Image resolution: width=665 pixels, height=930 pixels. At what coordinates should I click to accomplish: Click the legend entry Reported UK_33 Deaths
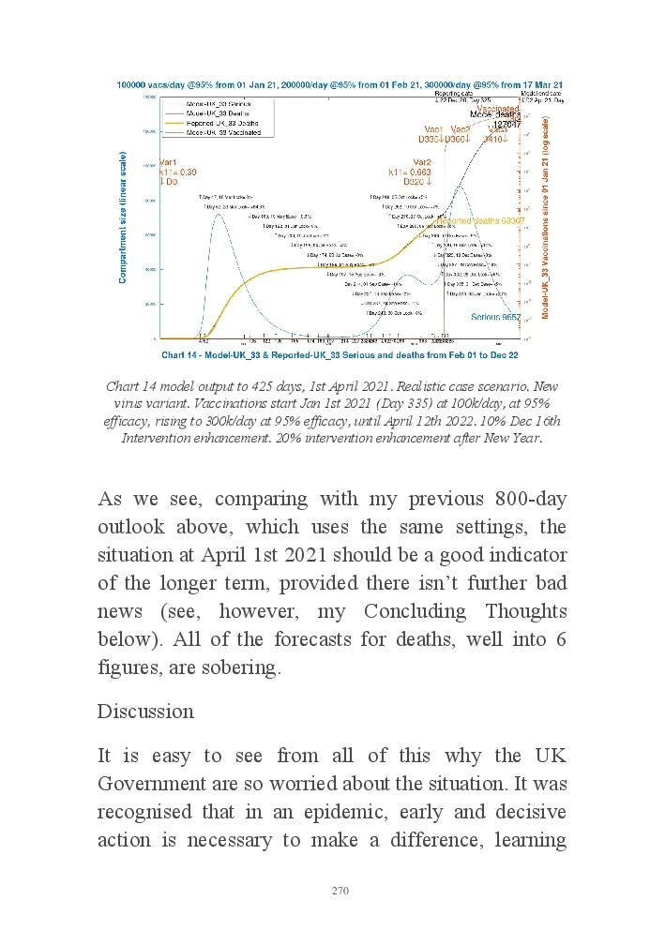click(220, 124)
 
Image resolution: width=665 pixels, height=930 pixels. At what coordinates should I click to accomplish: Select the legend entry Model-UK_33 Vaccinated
click(222, 132)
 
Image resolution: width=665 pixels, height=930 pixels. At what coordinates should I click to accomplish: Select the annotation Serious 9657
click(495, 319)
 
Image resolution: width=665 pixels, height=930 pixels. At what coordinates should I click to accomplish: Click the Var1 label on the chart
click(169, 162)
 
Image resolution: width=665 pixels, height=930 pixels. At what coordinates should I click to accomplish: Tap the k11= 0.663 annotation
click(410, 172)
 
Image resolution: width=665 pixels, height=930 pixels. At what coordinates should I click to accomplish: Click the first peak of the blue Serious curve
click(219, 215)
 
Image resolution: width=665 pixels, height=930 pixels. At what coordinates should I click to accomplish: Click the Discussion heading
click(145, 712)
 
